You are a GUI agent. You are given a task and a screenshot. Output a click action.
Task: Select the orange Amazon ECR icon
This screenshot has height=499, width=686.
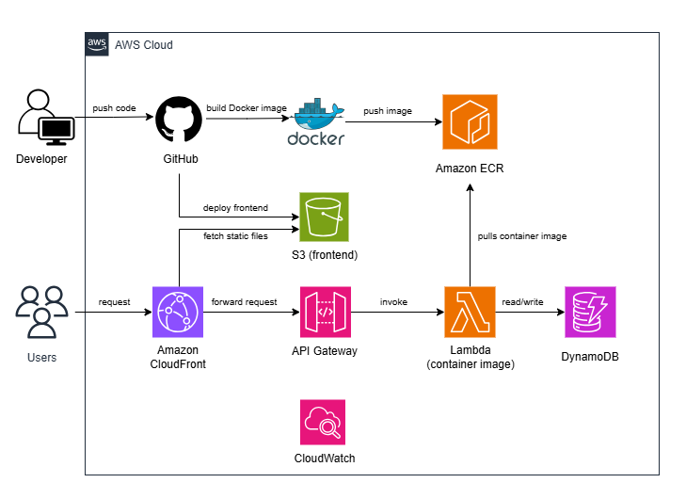(x=470, y=121)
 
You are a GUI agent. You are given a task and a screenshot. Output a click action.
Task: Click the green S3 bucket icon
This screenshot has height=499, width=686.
(x=324, y=218)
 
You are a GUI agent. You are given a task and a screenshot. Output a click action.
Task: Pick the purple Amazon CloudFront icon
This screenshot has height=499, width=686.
(x=179, y=312)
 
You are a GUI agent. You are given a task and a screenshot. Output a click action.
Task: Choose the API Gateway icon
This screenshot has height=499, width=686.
(x=324, y=312)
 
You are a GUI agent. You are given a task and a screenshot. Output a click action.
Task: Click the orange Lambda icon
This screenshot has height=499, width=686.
(x=470, y=312)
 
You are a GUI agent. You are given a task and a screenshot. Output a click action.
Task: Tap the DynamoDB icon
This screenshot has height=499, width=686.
(x=590, y=312)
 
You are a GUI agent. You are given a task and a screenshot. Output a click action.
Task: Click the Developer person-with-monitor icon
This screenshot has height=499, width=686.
(x=42, y=118)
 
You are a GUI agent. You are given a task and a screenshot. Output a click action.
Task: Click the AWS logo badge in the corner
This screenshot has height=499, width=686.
(x=97, y=44)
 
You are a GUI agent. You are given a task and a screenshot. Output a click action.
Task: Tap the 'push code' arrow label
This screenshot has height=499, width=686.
(x=114, y=108)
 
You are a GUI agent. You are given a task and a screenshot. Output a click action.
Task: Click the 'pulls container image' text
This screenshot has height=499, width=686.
(x=522, y=236)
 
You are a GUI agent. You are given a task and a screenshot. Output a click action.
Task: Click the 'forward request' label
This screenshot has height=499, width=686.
(x=245, y=302)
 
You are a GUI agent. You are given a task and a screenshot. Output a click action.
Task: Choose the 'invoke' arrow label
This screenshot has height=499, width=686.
(x=393, y=302)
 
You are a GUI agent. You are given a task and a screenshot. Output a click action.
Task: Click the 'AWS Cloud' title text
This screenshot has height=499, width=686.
(x=143, y=45)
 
